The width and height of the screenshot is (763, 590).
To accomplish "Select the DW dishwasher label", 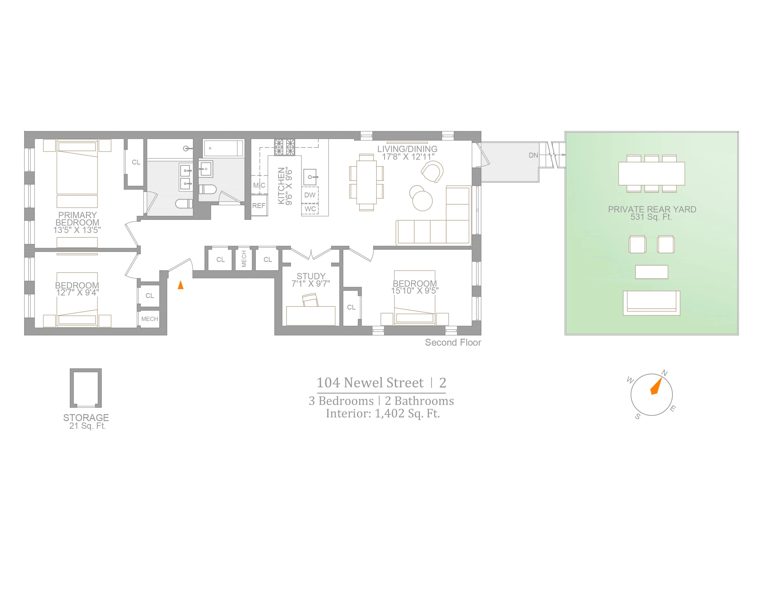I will pyautogui.click(x=310, y=195).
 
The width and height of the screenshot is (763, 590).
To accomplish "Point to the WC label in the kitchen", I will pyautogui.click(x=310, y=209).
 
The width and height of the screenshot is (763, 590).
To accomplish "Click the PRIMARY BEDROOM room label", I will pyautogui.click(x=77, y=219).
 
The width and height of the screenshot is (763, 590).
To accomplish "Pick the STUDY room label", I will pyautogui.click(x=311, y=276).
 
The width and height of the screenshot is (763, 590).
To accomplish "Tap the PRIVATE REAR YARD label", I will pyautogui.click(x=652, y=209).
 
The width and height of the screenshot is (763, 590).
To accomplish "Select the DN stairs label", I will pyautogui.click(x=533, y=155).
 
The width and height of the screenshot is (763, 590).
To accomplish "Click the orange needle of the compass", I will pyautogui.click(x=656, y=386).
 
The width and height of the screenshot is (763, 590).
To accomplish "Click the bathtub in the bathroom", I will pyautogui.click(x=223, y=148).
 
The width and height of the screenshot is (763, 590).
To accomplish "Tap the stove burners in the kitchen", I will pyautogui.click(x=284, y=147).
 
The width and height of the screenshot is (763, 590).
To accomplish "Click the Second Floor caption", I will pyautogui.click(x=453, y=342).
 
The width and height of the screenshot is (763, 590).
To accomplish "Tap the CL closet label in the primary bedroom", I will pyautogui.click(x=136, y=162).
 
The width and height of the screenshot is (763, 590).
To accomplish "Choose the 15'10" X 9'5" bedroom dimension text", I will pyautogui.click(x=415, y=290).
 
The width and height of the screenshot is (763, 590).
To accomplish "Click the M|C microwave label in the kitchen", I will pyautogui.click(x=259, y=185).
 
